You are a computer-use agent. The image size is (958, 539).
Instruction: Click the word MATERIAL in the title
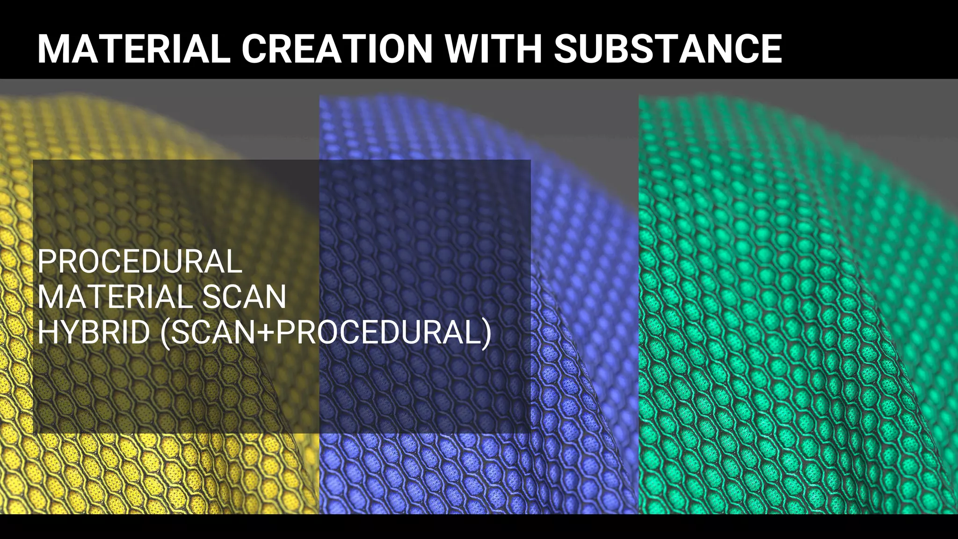(134, 49)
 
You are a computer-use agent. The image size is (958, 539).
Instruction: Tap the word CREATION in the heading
(337, 49)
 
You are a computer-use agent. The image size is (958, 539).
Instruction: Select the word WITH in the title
(493, 49)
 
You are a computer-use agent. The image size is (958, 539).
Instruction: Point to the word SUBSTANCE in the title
(668, 49)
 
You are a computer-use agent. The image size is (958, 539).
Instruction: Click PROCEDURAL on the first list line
(140, 262)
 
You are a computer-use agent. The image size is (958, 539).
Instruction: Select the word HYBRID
(94, 333)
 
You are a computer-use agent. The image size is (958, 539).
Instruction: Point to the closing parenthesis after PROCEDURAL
(486, 334)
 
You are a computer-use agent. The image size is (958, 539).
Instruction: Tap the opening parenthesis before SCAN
(165, 334)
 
